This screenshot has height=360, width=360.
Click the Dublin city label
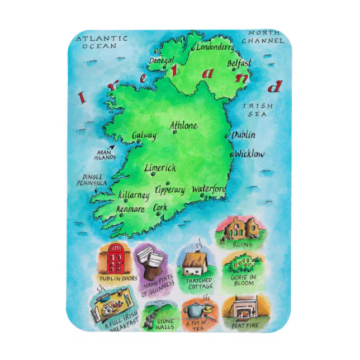point(244,135)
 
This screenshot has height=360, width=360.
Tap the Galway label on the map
point(144,136)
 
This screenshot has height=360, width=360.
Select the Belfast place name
point(239,64)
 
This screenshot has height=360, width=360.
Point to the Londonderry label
point(215,48)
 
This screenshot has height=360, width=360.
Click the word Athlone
point(183,126)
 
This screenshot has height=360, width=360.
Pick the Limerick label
point(160,168)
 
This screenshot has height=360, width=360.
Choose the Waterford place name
point(209,190)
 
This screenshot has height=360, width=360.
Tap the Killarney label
point(134,196)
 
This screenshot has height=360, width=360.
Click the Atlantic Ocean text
point(101,42)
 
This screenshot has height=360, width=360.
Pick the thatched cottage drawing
point(194,263)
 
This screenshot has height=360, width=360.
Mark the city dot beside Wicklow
point(232,154)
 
